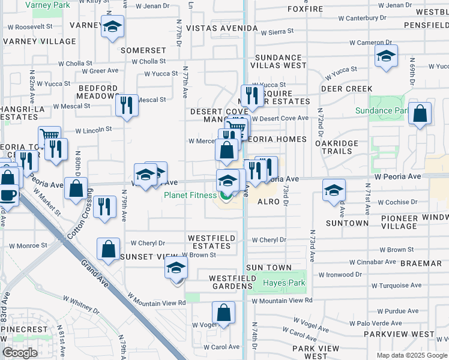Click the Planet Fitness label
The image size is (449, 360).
191,195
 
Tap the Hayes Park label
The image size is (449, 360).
284,283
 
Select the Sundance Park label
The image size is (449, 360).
381,110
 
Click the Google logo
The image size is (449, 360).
20,353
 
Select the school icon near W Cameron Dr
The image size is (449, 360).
386,57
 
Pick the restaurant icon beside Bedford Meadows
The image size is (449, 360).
127,105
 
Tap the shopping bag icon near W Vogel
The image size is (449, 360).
223,312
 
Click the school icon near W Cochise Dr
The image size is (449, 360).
334,190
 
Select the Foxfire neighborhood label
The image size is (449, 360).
305,10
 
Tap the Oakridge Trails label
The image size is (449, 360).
337,147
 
